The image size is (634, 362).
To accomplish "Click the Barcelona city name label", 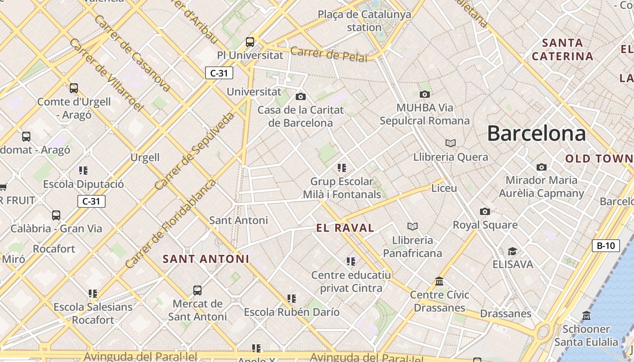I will coord(536,134).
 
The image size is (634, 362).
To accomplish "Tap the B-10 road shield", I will coord(605,246).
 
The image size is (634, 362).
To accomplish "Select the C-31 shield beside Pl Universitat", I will coord(219,73).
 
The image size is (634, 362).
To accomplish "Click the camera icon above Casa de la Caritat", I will coord(300,96).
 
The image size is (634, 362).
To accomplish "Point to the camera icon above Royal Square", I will coord(485,211).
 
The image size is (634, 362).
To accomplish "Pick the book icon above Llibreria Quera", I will coord(450,143).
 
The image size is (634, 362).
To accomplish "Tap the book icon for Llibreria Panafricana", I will coord(412,226).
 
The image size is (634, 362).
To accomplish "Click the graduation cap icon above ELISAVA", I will coord(512,251).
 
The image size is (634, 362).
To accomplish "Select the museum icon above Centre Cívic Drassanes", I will coord(439,281).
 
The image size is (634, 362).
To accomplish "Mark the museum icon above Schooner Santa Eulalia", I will coord(586,315).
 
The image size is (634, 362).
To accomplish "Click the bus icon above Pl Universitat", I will coord(250,42).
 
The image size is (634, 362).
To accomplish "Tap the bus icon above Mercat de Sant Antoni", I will coord(197,291).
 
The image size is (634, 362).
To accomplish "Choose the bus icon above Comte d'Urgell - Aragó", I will coord(74,88).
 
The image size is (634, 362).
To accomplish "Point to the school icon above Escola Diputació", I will coord(83,171).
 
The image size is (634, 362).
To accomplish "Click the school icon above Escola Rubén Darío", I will coord(292,299).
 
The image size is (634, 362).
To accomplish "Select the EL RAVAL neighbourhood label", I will coord(346,228).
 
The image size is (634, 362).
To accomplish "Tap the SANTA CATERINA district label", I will coord(562,50).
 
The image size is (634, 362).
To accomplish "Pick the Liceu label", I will coord(444,188).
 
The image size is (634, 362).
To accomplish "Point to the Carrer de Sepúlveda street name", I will coord(194,151).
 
